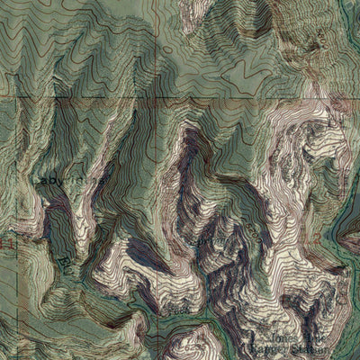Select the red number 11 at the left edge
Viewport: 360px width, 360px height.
pyautogui.click(x=7, y=243)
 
